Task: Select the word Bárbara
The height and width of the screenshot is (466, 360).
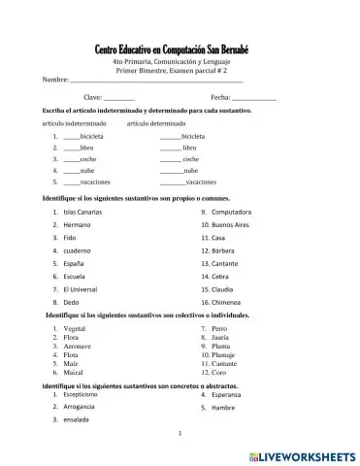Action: tap(225, 250)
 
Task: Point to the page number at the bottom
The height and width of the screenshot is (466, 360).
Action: tap(180, 434)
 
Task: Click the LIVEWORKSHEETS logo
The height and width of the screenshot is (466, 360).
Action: tap(303, 454)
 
